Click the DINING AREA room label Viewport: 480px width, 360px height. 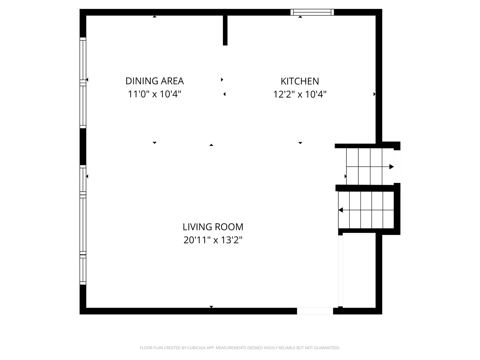[154, 81]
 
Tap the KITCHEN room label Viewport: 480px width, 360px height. [300, 81]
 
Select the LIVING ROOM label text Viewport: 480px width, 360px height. [213, 227]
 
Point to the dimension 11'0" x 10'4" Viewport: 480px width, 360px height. [154, 94]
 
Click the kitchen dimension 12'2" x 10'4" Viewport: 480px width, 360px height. [300, 94]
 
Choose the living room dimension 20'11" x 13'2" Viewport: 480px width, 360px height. [213, 240]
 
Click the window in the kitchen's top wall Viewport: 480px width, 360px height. [312, 12]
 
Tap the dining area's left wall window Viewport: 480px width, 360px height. [83, 83]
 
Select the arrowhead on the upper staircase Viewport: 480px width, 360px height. [391, 167]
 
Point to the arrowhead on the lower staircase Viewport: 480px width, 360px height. [340, 210]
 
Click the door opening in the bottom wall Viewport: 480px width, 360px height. [315, 311]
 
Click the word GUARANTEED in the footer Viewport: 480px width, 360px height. [327, 348]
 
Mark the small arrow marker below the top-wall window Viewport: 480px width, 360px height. [300, 17]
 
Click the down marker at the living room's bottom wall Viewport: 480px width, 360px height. [211, 307]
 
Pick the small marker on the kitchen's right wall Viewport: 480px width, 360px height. [374, 94]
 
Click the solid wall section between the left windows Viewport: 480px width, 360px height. [83, 147]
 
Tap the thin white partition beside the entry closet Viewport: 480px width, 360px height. [340, 271]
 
